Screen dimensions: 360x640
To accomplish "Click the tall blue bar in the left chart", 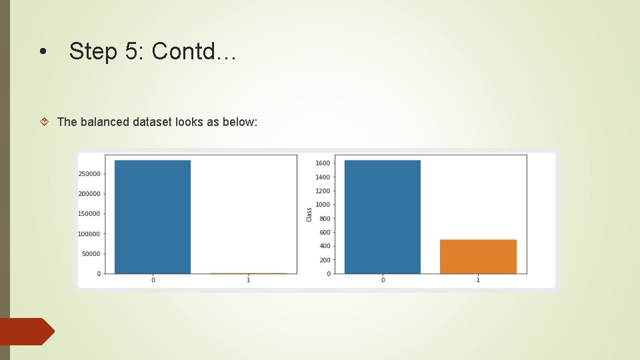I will (x=153, y=217).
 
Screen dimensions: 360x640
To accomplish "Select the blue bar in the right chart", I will (x=382, y=217).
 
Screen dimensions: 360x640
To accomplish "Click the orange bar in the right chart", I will (x=478, y=256).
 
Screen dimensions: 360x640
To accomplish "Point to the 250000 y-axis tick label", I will (x=89, y=174).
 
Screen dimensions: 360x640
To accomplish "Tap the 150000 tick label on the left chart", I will (x=89, y=214).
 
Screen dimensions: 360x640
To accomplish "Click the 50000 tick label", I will (x=91, y=254).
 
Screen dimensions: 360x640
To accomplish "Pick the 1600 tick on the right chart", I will (x=323, y=163).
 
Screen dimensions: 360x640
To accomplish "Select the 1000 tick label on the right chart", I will (x=323, y=205).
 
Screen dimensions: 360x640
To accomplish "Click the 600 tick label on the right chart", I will (x=324, y=233).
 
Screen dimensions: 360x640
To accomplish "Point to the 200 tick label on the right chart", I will (x=324, y=260).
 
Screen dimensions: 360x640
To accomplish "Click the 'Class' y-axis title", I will (x=309, y=215).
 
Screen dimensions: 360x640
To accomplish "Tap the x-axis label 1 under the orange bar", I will (x=478, y=280).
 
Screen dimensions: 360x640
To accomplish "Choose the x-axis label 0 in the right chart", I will (x=382, y=280).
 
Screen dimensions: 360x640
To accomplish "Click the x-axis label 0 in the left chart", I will (x=153, y=280).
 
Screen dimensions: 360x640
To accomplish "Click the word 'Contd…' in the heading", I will (x=194, y=51).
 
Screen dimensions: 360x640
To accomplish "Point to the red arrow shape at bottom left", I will (x=27, y=331).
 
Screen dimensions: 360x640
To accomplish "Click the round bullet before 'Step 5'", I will (x=43, y=53).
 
